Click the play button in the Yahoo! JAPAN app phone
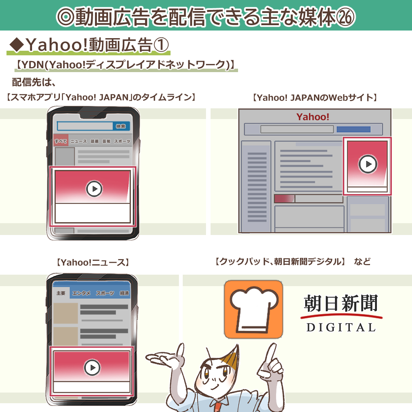click(94, 189)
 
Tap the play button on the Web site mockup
click(368, 164)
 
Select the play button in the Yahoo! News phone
click(92, 368)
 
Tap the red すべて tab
click(61, 141)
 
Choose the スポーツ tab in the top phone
click(122, 141)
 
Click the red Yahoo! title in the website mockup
click(313, 117)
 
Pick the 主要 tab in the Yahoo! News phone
click(61, 293)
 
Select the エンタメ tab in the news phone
click(81, 293)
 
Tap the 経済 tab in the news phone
click(124, 293)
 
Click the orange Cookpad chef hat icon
click(253, 309)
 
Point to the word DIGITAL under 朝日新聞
click(341, 327)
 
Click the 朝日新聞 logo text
click(341, 304)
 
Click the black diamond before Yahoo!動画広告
click(16, 45)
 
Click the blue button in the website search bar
click(353, 129)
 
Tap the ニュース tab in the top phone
click(79, 141)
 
